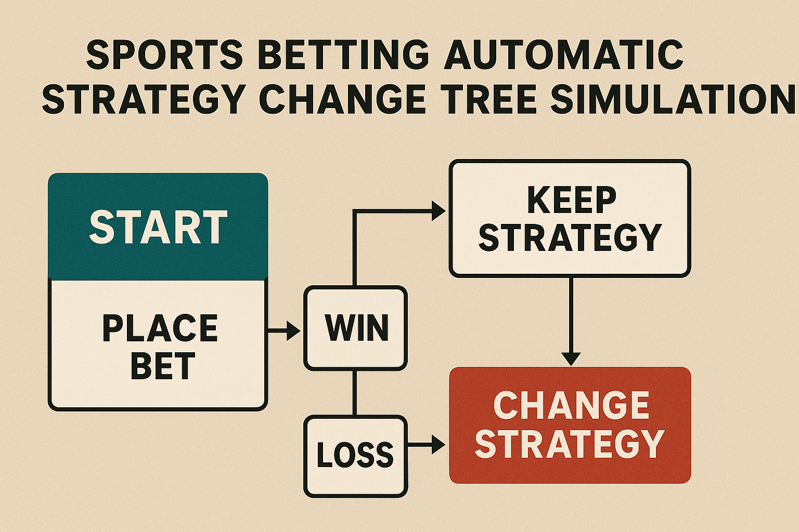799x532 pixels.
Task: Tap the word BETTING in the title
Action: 343,55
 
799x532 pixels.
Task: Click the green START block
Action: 158,227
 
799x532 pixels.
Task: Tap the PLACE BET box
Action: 158,345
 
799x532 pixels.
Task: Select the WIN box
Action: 356,328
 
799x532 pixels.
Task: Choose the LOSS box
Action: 356,457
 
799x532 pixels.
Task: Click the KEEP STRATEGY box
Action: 570,218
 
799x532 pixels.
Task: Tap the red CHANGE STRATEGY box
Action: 570,425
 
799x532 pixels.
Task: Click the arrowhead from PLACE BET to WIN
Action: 294,331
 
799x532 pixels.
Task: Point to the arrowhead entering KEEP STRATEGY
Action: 439,211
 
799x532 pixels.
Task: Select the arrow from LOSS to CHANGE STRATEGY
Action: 427,444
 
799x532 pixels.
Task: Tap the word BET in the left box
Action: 163,366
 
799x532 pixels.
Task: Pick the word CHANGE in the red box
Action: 571,405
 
